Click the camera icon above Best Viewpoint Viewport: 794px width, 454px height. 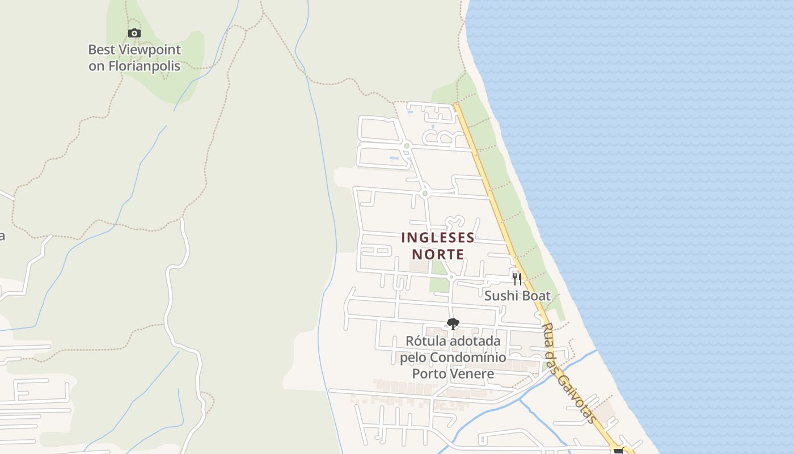(x=134, y=33)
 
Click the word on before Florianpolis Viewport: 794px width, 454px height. (x=96, y=66)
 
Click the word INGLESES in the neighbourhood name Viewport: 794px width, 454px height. (x=437, y=237)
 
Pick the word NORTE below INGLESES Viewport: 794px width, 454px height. (x=438, y=254)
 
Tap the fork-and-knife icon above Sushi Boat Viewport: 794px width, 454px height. (x=517, y=279)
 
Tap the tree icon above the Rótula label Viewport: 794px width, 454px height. (x=453, y=324)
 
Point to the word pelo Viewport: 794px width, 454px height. (x=412, y=358)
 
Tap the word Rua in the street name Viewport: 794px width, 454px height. (x=548, y=334)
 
